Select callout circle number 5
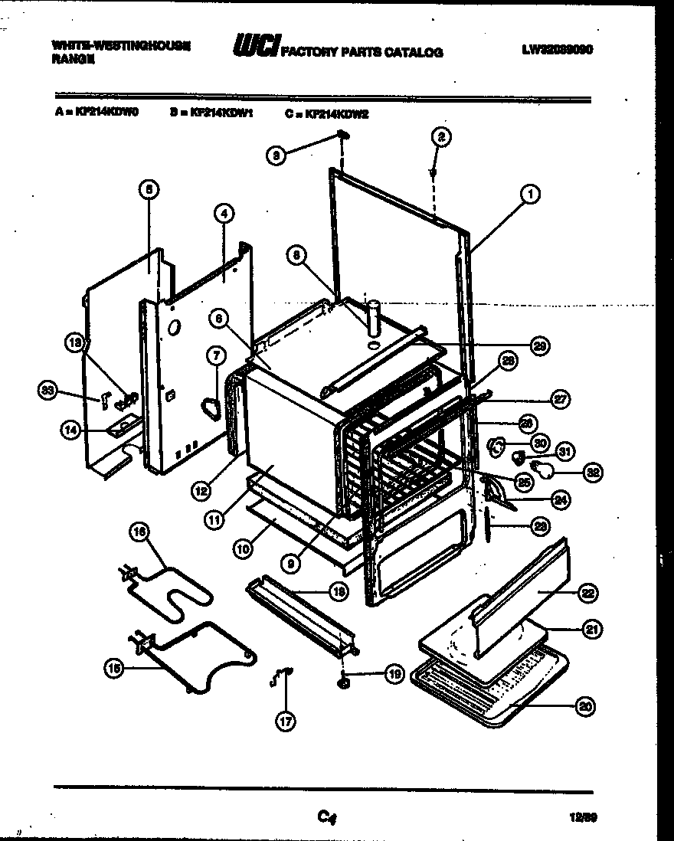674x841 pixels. tap(149, 186)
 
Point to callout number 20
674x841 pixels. tap(586, 707)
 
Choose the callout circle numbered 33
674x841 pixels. tap(49, 391)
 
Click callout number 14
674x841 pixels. tap(70, 430)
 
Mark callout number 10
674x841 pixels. tap(244, 548)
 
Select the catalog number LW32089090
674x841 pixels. tap(558, 49)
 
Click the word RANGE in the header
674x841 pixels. tap(74, 57)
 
